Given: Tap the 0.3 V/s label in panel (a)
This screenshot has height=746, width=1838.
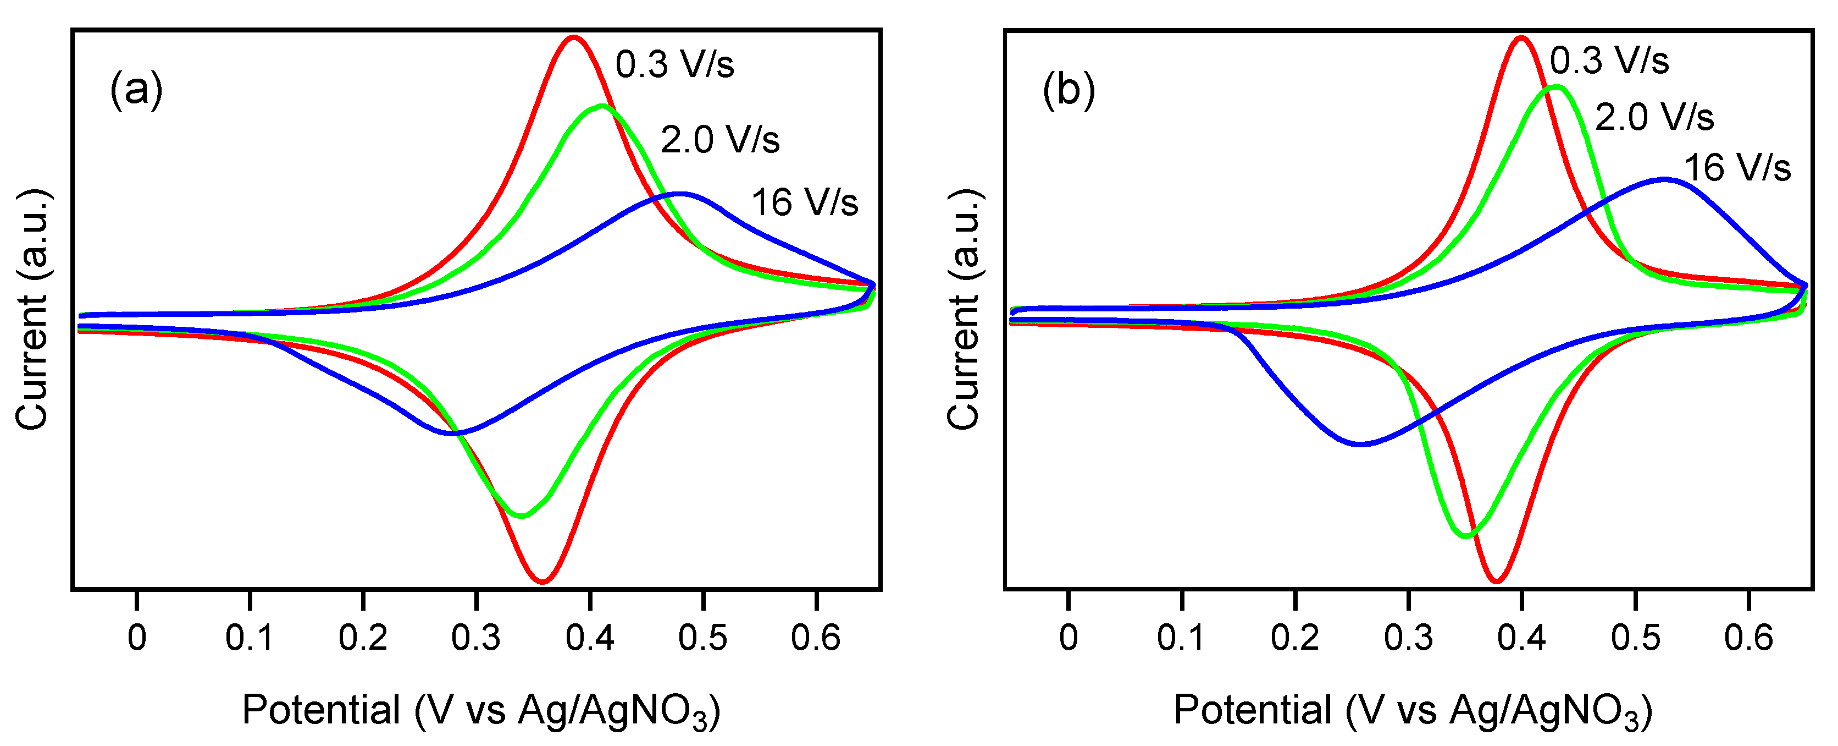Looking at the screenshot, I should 674,64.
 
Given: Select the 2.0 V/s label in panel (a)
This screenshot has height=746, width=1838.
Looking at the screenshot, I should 719,139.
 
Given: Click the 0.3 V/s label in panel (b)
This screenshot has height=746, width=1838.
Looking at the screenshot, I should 1609,60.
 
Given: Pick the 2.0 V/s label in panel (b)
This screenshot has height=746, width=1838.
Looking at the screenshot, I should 1654,117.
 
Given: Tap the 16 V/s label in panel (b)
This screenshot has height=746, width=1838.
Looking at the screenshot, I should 1737,168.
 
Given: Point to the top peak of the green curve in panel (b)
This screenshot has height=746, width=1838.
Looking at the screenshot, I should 1555,87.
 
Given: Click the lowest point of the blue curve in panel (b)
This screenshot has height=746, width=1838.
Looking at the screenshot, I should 1360,444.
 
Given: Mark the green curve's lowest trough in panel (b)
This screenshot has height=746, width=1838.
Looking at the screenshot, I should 1466,535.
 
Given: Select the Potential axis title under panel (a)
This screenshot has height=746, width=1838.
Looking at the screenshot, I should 480,710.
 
